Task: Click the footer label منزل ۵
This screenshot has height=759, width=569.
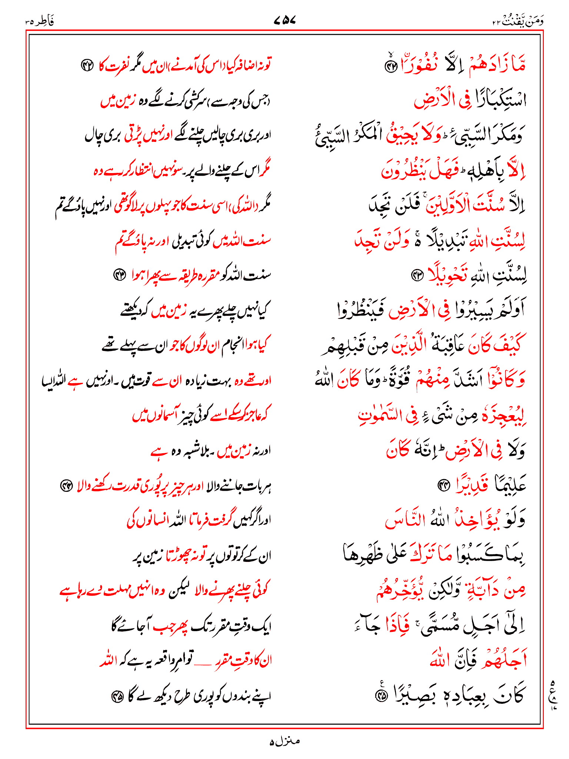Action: point(284,741)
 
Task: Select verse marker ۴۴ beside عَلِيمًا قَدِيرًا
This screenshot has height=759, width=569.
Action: point(443,485)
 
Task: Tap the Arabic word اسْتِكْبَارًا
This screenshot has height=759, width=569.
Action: point(496,100)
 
